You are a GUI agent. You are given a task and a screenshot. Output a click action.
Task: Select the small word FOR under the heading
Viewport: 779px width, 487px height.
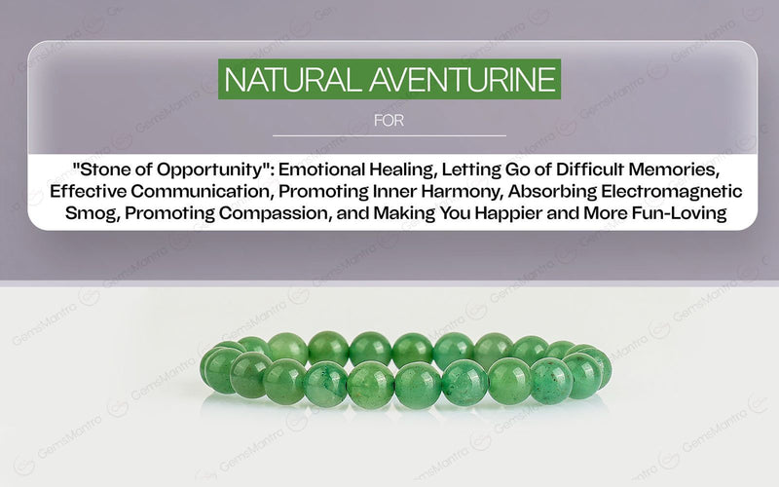389,122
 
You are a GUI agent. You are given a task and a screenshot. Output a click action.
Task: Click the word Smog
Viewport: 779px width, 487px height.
88,213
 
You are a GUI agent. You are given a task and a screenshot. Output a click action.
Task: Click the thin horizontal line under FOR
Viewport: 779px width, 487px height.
389,135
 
